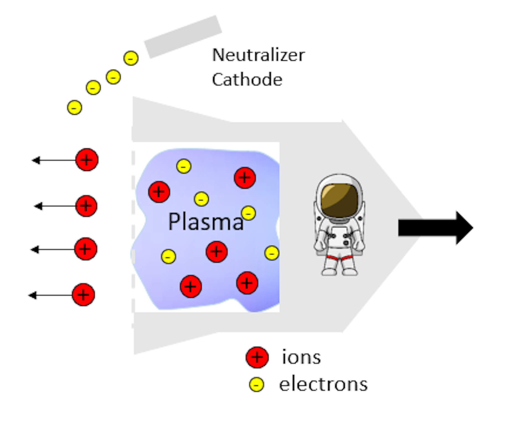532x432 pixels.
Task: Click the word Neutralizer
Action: [258, 55]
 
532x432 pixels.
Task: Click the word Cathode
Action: [247, 79]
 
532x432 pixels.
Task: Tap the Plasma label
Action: [206, 222]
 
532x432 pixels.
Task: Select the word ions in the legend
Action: [301, 357]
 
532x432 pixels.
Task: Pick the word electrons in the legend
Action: [323, 384]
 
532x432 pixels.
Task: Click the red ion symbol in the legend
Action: [257, 357]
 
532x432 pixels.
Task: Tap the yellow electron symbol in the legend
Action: [256, 385]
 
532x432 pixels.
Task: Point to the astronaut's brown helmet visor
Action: [340, 200]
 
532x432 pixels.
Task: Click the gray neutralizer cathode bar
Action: [183, 37]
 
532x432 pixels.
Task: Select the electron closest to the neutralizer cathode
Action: [131, 58]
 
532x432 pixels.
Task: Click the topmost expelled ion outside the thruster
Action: [87, 160]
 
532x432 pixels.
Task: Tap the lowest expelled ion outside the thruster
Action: [83, 295]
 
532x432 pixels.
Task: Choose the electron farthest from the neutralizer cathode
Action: [75, 107]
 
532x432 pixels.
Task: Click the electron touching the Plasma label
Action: [248, 213]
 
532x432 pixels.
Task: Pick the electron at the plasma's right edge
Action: [272, 253]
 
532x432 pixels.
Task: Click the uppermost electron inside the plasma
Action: [184, 166]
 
